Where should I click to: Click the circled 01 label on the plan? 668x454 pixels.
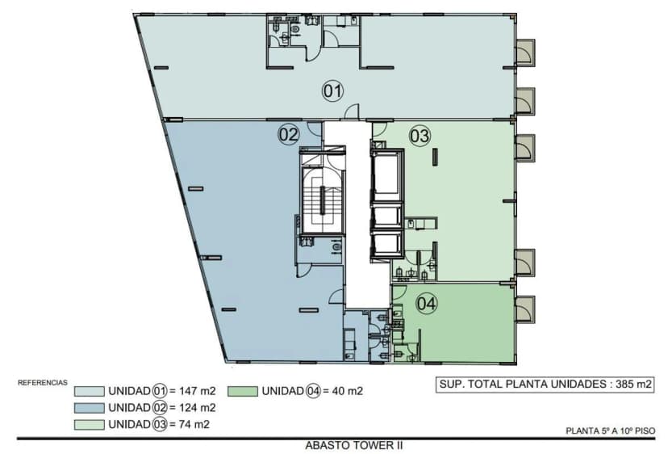[333, 91]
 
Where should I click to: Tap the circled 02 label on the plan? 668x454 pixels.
[289, 134]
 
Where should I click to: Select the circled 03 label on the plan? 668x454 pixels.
[420, 136]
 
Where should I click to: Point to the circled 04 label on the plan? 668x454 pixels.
[427, 304]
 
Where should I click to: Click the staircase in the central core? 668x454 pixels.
[321, 199]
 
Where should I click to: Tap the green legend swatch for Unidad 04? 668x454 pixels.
[242, 392]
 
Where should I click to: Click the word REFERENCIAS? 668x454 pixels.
[43, 382]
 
